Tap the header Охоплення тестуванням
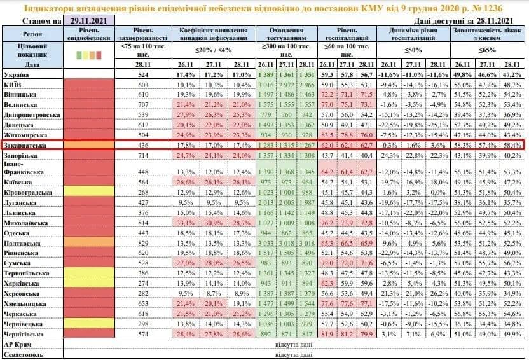pos(287,34)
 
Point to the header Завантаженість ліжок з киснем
pos(488,34)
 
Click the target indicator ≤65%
pos(487,49)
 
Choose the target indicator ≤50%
pos(413,49)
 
